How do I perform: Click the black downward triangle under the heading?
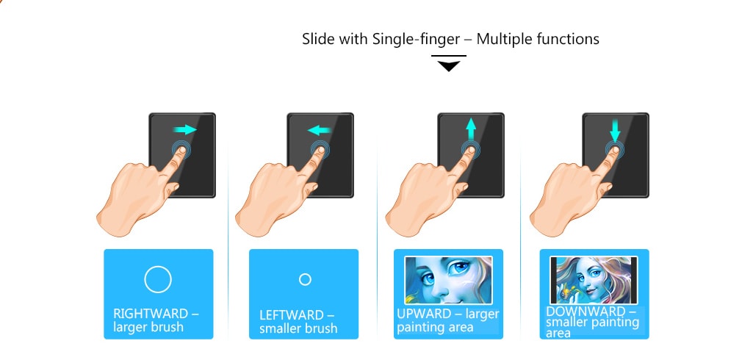coord(448,66)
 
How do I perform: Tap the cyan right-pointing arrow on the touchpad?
coord(185,130)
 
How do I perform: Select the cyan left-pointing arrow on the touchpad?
coord(319,131)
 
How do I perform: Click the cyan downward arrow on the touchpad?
coord(615,130)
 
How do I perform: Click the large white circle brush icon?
coord(158,279)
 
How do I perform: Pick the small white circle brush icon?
coord(305,279)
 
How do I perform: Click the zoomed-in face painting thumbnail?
coord(448,279)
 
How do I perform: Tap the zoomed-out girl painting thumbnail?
coord(594,280)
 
